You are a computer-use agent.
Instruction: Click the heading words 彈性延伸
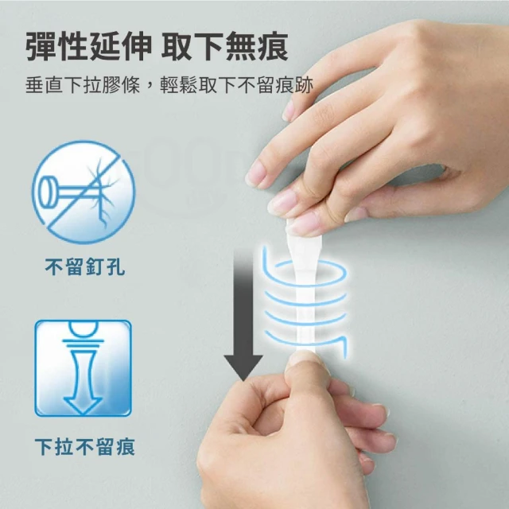tap(88, 46)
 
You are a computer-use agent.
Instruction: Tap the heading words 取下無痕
tap(224, 46)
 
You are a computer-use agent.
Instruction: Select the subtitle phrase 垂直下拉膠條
tap(83, 85)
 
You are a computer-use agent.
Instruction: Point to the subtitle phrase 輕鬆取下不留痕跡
tap(237, 85)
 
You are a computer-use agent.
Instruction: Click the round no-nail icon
tap(84, 192)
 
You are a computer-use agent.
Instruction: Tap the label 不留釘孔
tap(85, 267)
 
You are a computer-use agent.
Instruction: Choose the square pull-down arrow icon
tap(83, 368)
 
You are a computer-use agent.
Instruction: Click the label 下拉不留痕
tap(85, 447)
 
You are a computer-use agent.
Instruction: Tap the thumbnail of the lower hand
tap(305, 358)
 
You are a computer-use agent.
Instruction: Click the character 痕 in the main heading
tap(273, 46)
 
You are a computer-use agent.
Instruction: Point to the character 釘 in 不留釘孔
tap(95, 267)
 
